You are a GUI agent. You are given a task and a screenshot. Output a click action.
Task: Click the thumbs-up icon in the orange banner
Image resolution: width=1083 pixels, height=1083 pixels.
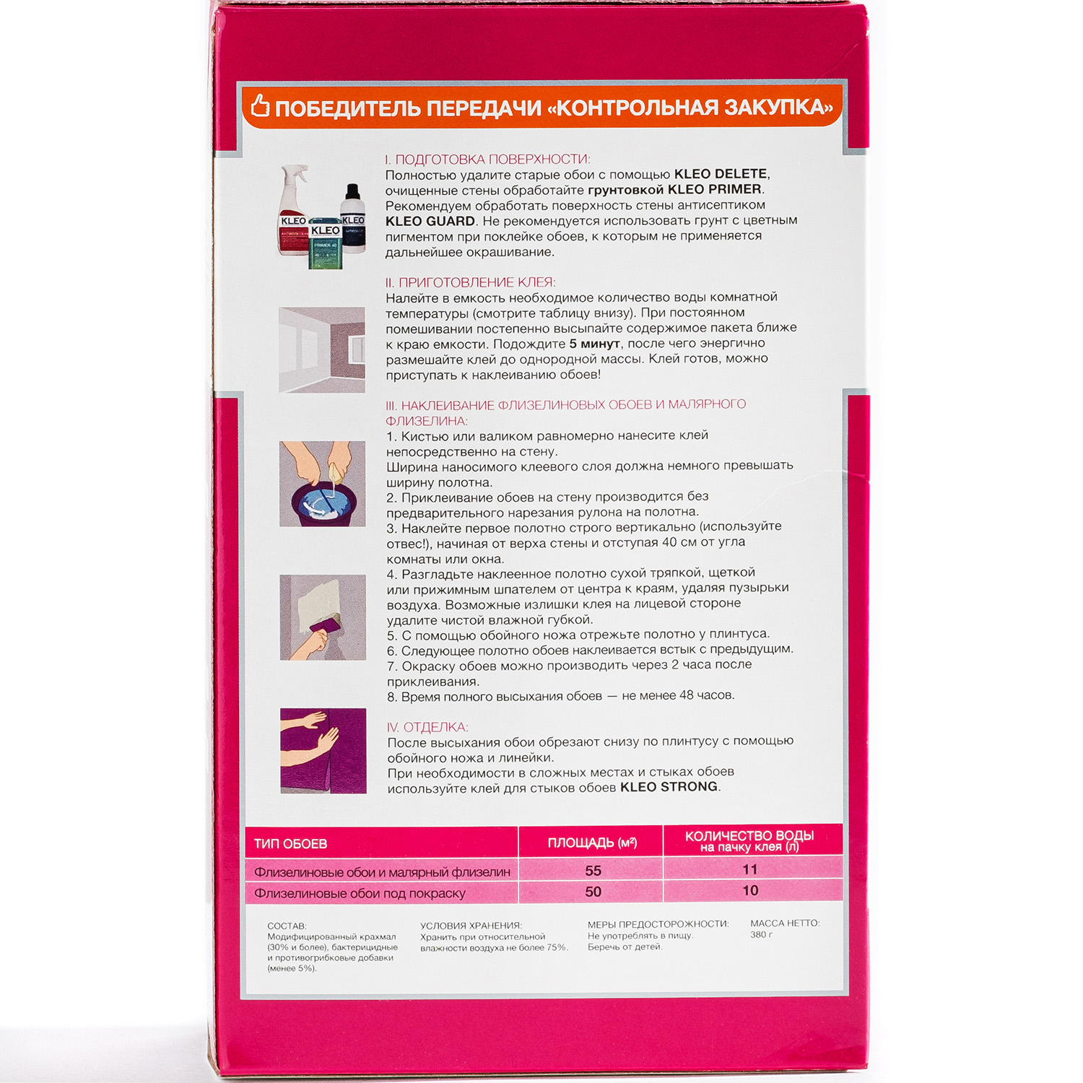point(260,106)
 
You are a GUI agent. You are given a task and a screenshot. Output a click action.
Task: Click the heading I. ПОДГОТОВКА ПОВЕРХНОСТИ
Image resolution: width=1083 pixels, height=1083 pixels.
point(487,159)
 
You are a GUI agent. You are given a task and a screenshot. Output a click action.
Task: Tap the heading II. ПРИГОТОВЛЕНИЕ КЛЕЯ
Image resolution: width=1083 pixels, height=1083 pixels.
point(471,282)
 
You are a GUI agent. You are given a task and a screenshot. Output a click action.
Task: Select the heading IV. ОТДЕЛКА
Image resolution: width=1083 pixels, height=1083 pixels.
point(427,727)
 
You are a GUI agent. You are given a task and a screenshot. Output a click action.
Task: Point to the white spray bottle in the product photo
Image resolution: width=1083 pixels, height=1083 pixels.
point(295,210)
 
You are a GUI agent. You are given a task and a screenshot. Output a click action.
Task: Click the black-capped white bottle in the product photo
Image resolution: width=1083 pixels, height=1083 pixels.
point(353,218)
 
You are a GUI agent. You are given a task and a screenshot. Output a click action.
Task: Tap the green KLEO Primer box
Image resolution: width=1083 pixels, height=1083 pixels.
point(325,243)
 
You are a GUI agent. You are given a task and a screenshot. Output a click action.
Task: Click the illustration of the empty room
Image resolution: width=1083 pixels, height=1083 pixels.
point(322,350)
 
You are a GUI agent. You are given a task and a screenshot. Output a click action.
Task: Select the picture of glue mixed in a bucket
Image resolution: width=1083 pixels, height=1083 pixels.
point(322,484)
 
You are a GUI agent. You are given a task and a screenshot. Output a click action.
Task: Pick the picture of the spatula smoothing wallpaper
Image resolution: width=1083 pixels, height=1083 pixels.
point(323,617)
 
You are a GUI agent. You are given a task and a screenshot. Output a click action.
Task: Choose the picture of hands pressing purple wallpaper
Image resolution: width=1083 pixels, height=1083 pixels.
point(323,751)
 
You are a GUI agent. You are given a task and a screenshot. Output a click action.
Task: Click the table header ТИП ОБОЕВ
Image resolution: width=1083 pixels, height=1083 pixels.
point(290,843)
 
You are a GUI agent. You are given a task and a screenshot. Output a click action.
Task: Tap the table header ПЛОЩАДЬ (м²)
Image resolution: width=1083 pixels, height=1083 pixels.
point(592,843)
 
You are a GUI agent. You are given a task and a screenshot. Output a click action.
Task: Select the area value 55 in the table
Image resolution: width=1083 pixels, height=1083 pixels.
point(593,871)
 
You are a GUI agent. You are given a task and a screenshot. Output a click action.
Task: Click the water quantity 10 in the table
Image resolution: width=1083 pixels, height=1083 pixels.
point(751,891)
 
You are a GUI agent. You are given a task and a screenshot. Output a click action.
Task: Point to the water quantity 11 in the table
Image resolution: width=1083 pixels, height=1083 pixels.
point(751,869)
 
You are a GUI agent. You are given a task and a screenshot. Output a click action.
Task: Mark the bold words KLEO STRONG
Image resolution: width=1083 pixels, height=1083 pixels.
point(669,787)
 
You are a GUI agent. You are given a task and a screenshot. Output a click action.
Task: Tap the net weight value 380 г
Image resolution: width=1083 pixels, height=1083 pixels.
point(761,934)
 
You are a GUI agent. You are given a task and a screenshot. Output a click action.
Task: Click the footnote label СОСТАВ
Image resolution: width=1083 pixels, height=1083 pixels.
point(287,926)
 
